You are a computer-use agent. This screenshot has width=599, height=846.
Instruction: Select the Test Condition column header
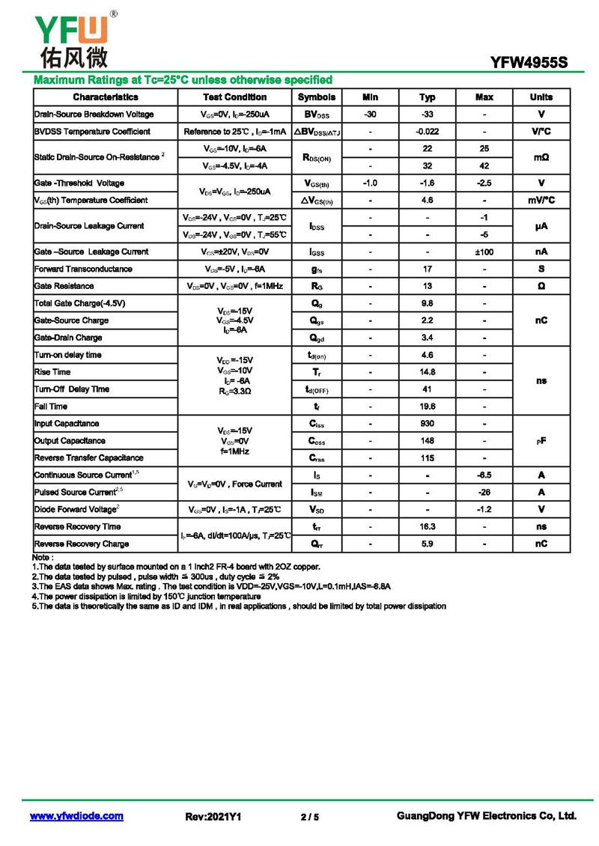click(234, 97)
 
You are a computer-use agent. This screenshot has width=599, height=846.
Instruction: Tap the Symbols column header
click(317, 97)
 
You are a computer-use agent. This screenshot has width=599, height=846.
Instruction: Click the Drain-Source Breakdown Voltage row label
click(94, 115)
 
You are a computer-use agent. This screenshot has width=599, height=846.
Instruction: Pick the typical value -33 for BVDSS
click(428, 115)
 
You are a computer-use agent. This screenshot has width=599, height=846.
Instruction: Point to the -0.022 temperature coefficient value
click(428, 132)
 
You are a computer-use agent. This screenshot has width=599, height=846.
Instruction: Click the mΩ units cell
click(541, 157)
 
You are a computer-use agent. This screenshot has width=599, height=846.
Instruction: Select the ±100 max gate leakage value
click(484, 252)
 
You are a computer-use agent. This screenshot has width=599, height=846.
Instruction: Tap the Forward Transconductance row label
click(83, 270)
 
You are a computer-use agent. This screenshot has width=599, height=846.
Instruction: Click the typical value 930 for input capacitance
click(428, 424)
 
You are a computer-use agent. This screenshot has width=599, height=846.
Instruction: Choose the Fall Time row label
click(51, 407)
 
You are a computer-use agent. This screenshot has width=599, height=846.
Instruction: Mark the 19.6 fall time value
click(428, 407)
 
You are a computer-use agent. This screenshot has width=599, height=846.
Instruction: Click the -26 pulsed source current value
click(484, 493)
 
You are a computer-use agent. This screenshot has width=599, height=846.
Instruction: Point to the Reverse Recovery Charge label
click(82, 544)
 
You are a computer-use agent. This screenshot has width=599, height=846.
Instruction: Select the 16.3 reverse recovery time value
click(428, 527)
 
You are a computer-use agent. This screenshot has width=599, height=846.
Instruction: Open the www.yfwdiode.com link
click(76, 816)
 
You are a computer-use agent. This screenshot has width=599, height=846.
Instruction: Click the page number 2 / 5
click(310, 817)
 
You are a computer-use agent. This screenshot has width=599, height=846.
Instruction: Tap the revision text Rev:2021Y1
click(213, 817)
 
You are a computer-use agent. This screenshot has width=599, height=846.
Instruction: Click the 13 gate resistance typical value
click(428, 287)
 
